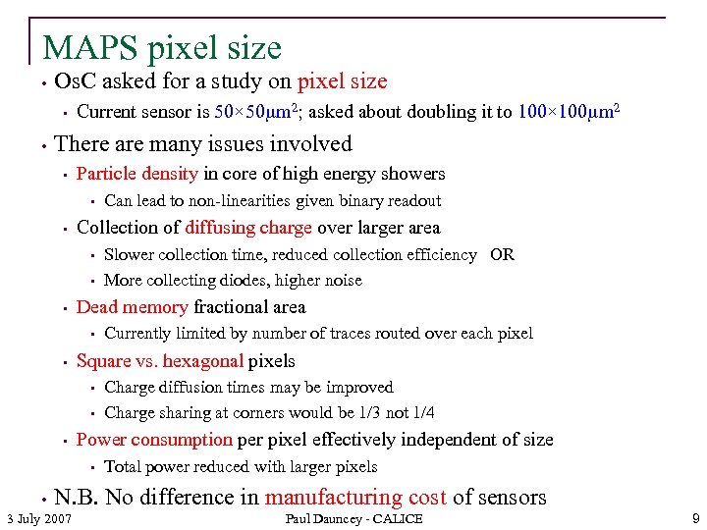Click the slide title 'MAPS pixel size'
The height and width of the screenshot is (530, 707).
point(162,47)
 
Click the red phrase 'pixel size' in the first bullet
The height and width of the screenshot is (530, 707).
point(342,82)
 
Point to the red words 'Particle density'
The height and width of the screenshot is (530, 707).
point(136,174)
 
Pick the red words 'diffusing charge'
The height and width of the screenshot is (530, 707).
point(248,228)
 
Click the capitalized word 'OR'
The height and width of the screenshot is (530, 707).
point(502,255)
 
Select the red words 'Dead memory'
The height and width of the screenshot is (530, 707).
point(132,307)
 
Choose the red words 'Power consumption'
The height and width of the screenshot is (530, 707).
point(154,440)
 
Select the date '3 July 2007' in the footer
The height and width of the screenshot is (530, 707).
point(38,518)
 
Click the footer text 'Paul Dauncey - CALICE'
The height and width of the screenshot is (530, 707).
point(353,518)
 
